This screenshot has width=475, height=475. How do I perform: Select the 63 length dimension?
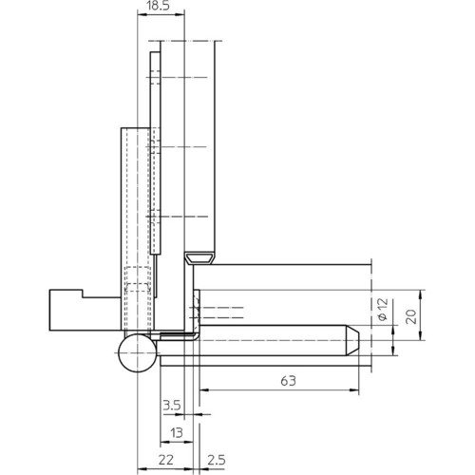point(288,381)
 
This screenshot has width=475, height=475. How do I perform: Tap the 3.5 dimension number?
point(172,405)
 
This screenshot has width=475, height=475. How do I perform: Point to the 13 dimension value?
point(176,432)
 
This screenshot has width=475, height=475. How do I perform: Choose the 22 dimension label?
point(166,460)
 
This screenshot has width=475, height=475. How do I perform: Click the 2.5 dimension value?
point(217,460)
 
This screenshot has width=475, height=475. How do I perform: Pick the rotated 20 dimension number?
point(411,316)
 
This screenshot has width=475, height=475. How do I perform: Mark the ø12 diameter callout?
point(383,309)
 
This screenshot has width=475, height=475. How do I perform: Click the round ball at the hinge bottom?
point(138,352)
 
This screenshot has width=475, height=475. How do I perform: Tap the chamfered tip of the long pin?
point(352,340)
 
